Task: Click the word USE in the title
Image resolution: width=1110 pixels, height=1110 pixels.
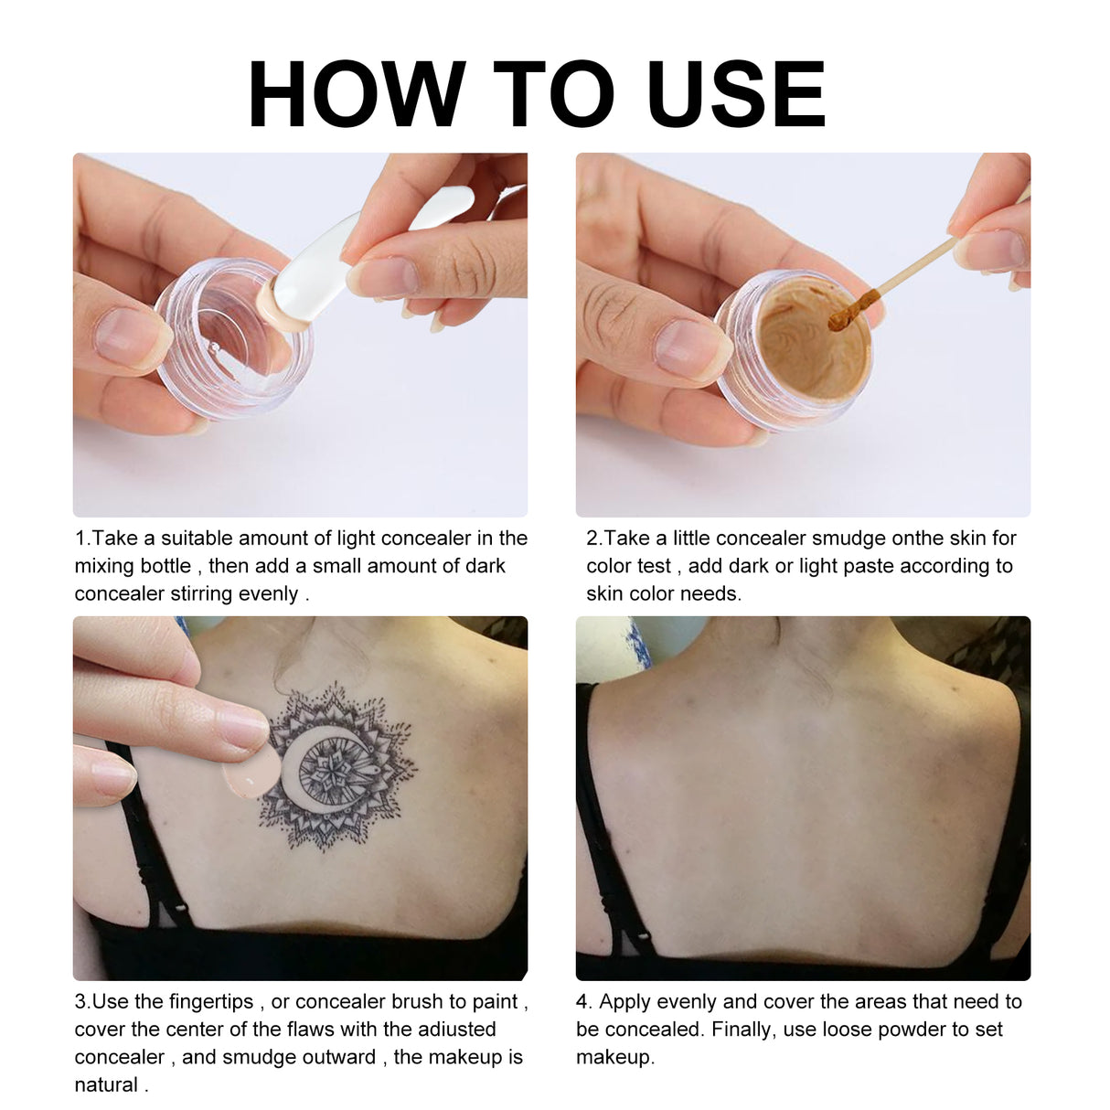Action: [736, 94]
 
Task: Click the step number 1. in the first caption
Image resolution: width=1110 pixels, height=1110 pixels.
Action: [82, 539]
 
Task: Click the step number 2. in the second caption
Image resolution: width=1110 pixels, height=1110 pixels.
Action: [594, 539]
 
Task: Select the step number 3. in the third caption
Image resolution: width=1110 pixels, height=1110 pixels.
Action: [82, 1002]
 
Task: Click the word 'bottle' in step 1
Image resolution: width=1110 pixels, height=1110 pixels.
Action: [165, 566]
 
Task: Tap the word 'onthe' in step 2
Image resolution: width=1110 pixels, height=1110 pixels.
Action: [917, 539]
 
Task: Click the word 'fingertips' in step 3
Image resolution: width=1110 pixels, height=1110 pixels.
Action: [211, 1002]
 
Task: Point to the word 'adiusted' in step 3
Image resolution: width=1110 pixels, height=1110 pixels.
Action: [456, 1030]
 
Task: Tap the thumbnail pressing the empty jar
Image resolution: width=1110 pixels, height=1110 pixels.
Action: [128, 336]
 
